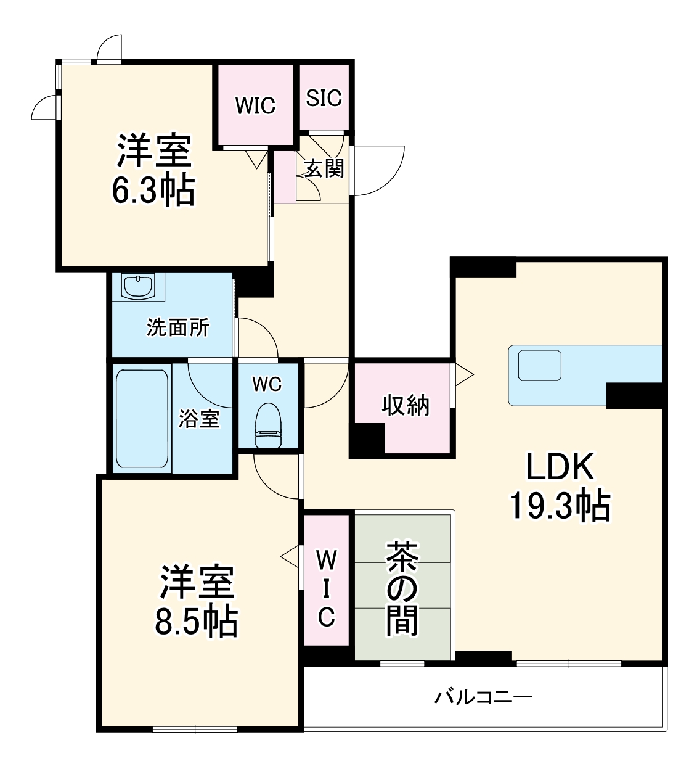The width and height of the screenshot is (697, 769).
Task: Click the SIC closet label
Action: [324, 97]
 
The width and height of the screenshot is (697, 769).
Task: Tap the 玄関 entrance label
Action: [324, 168]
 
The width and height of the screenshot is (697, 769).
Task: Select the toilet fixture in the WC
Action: [268, 424]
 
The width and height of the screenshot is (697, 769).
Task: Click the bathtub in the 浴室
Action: [142, 417]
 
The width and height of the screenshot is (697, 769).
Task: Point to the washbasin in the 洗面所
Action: [138, 286]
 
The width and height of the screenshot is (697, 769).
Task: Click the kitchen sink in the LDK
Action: [540, 365]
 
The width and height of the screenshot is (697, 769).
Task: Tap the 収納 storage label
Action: [406, 405]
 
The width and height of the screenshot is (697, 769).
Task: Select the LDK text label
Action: [560, 467]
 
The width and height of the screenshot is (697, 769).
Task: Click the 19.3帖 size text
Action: [560, 506]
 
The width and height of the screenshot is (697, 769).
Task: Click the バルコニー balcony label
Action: [483, 697]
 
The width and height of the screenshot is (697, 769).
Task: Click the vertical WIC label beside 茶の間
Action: [326, 588]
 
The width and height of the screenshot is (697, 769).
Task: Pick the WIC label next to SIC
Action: [255, 105]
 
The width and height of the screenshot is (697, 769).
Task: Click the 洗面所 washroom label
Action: [177, 327]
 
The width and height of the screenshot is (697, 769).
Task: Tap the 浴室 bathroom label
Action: [199, 419]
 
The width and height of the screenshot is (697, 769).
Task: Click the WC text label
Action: [267, 384]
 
